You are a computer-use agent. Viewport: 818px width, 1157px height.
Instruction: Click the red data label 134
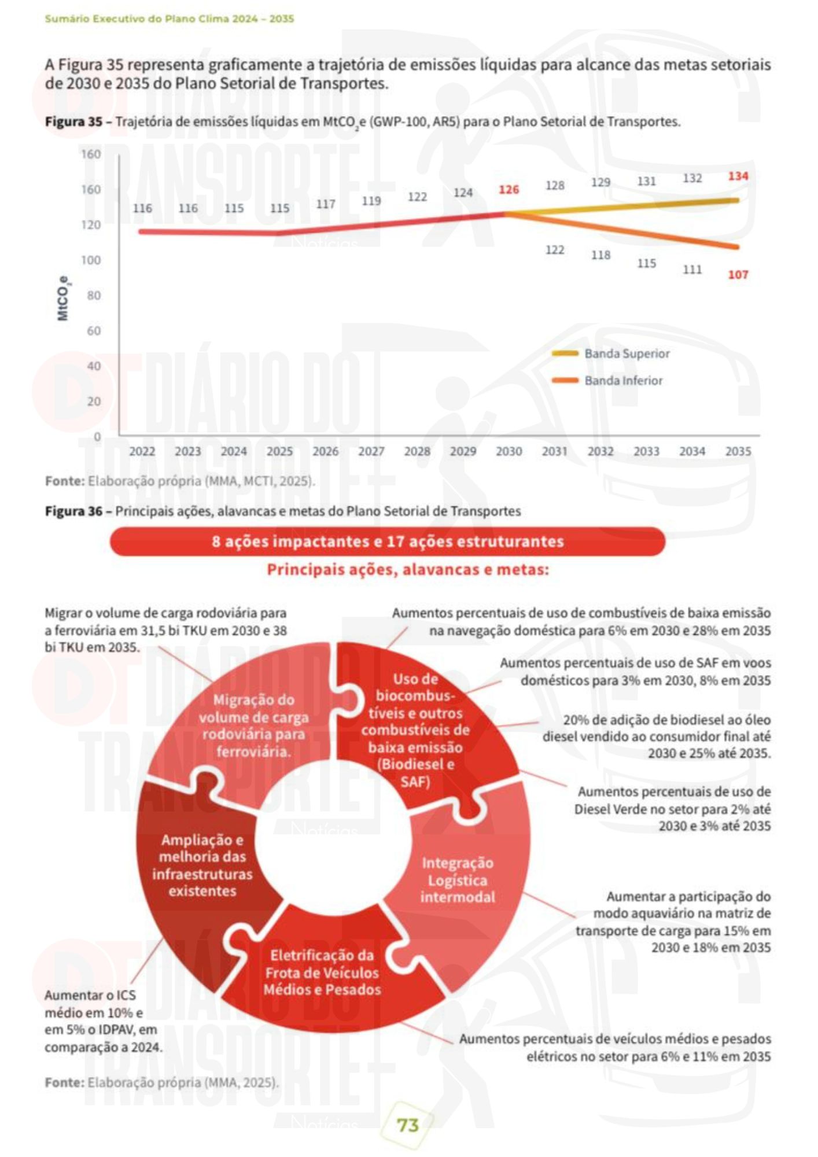[x=738, y=176]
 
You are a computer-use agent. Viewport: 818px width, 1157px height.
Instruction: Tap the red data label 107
[x=738, y=275]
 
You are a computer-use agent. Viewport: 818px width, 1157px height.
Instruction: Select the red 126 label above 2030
[x=509, y=190]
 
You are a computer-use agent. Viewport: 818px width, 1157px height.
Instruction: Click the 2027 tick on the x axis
[x=371, y=451]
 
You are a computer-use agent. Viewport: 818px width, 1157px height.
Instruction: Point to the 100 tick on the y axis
[x=91, y=260]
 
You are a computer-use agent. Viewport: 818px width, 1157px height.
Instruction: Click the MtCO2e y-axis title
[x=62, y=298]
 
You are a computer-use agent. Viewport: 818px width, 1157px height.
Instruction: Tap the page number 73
[x=408, y=1125]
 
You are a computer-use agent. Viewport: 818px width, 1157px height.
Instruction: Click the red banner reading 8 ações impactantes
[x=387, y=541]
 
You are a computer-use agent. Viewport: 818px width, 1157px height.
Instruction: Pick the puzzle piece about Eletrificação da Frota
[x=322, y=972]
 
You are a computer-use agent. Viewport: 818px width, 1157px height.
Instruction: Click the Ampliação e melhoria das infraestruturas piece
[x=202, y=865]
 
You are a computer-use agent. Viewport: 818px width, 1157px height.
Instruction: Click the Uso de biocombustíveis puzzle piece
[x=415, y=730]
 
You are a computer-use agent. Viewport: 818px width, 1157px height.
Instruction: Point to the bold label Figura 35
[x=73, y=122]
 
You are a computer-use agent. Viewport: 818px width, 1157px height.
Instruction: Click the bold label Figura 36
[x=73, y=511]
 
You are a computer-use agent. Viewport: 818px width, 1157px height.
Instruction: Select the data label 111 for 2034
[x=692, y=270]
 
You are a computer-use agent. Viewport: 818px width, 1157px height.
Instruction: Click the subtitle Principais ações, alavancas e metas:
[x=408, y=570]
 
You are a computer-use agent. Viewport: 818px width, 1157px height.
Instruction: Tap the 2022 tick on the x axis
[x=142, y=451]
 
